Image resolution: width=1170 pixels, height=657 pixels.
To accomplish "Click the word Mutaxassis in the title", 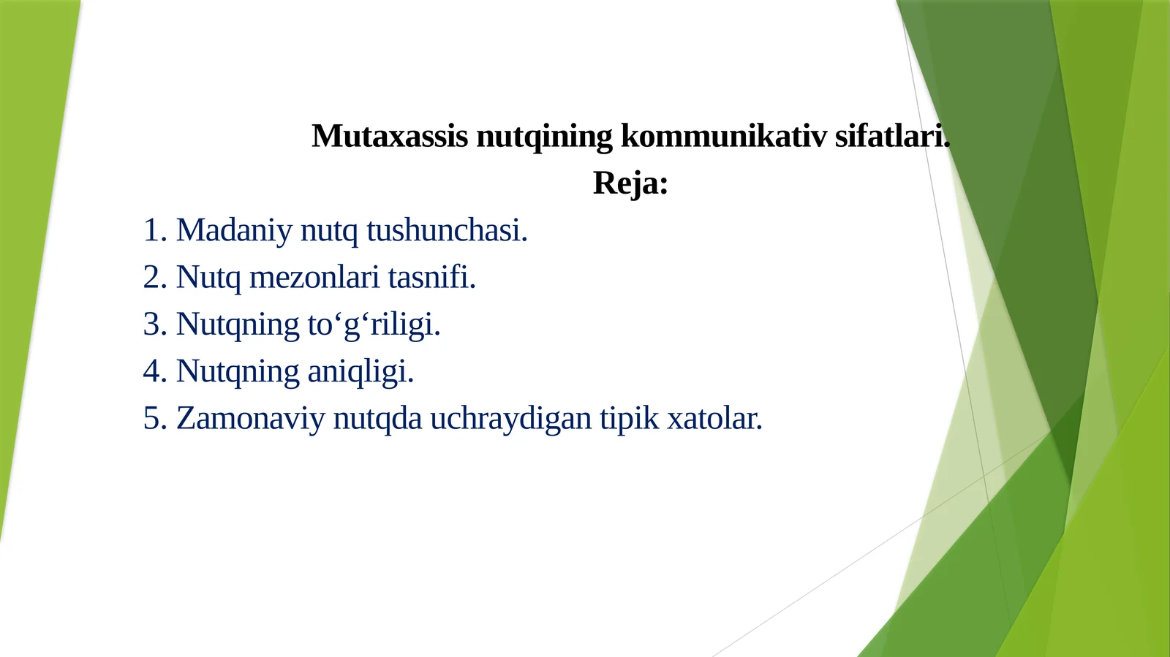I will [x=389, y=136].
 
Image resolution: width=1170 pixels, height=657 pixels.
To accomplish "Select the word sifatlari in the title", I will [x=891, y=136].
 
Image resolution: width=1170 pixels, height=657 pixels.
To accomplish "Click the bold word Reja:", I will [x=630, y=183].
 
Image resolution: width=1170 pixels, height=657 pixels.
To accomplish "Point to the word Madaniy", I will [x=234, y=230].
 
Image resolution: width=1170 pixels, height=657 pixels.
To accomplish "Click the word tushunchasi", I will [x=447, y=230].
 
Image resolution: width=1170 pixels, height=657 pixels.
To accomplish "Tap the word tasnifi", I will [x=431, y=278].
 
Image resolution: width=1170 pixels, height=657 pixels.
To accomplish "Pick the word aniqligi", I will [x=361, y=371].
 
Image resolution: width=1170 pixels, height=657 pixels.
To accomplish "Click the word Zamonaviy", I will [x=250, y=419].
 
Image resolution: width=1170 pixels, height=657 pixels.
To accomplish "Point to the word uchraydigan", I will [x=510, y=419].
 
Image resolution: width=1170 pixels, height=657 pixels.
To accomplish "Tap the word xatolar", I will [x=714, y=419].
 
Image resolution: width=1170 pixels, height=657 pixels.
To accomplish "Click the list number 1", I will [x=152, y=230].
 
